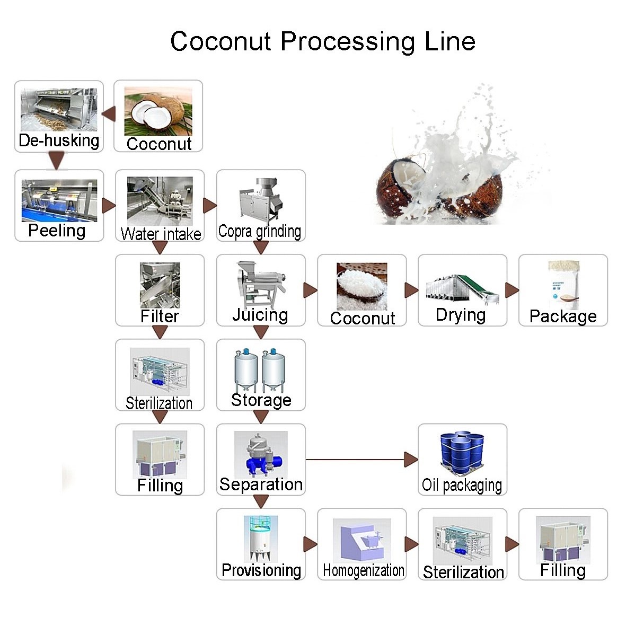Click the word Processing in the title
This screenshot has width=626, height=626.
[347, 41]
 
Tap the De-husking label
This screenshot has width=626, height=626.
[59, 140]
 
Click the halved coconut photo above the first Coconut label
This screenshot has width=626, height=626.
[158, 111]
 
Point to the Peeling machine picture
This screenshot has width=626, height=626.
[59, 200]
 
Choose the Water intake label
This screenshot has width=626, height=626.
[161, 234]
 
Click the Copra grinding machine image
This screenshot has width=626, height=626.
[260, 200]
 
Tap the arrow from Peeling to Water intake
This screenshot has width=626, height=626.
[109, 206]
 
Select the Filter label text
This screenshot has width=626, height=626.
[160, 316]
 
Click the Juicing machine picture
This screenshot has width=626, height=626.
[260, 284]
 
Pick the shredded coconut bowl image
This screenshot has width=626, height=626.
[362, 286]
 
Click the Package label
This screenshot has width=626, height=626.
[563, 316]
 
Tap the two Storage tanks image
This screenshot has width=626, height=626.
[260, 369]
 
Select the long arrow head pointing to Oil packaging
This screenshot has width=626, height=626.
[411, 460]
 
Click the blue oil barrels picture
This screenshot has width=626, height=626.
[462, 453]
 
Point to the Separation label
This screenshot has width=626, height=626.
[261, 484]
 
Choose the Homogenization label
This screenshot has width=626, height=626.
[363, 571]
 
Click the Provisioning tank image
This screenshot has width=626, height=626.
[260, 539]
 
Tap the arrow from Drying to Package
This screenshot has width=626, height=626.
[512, 290]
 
